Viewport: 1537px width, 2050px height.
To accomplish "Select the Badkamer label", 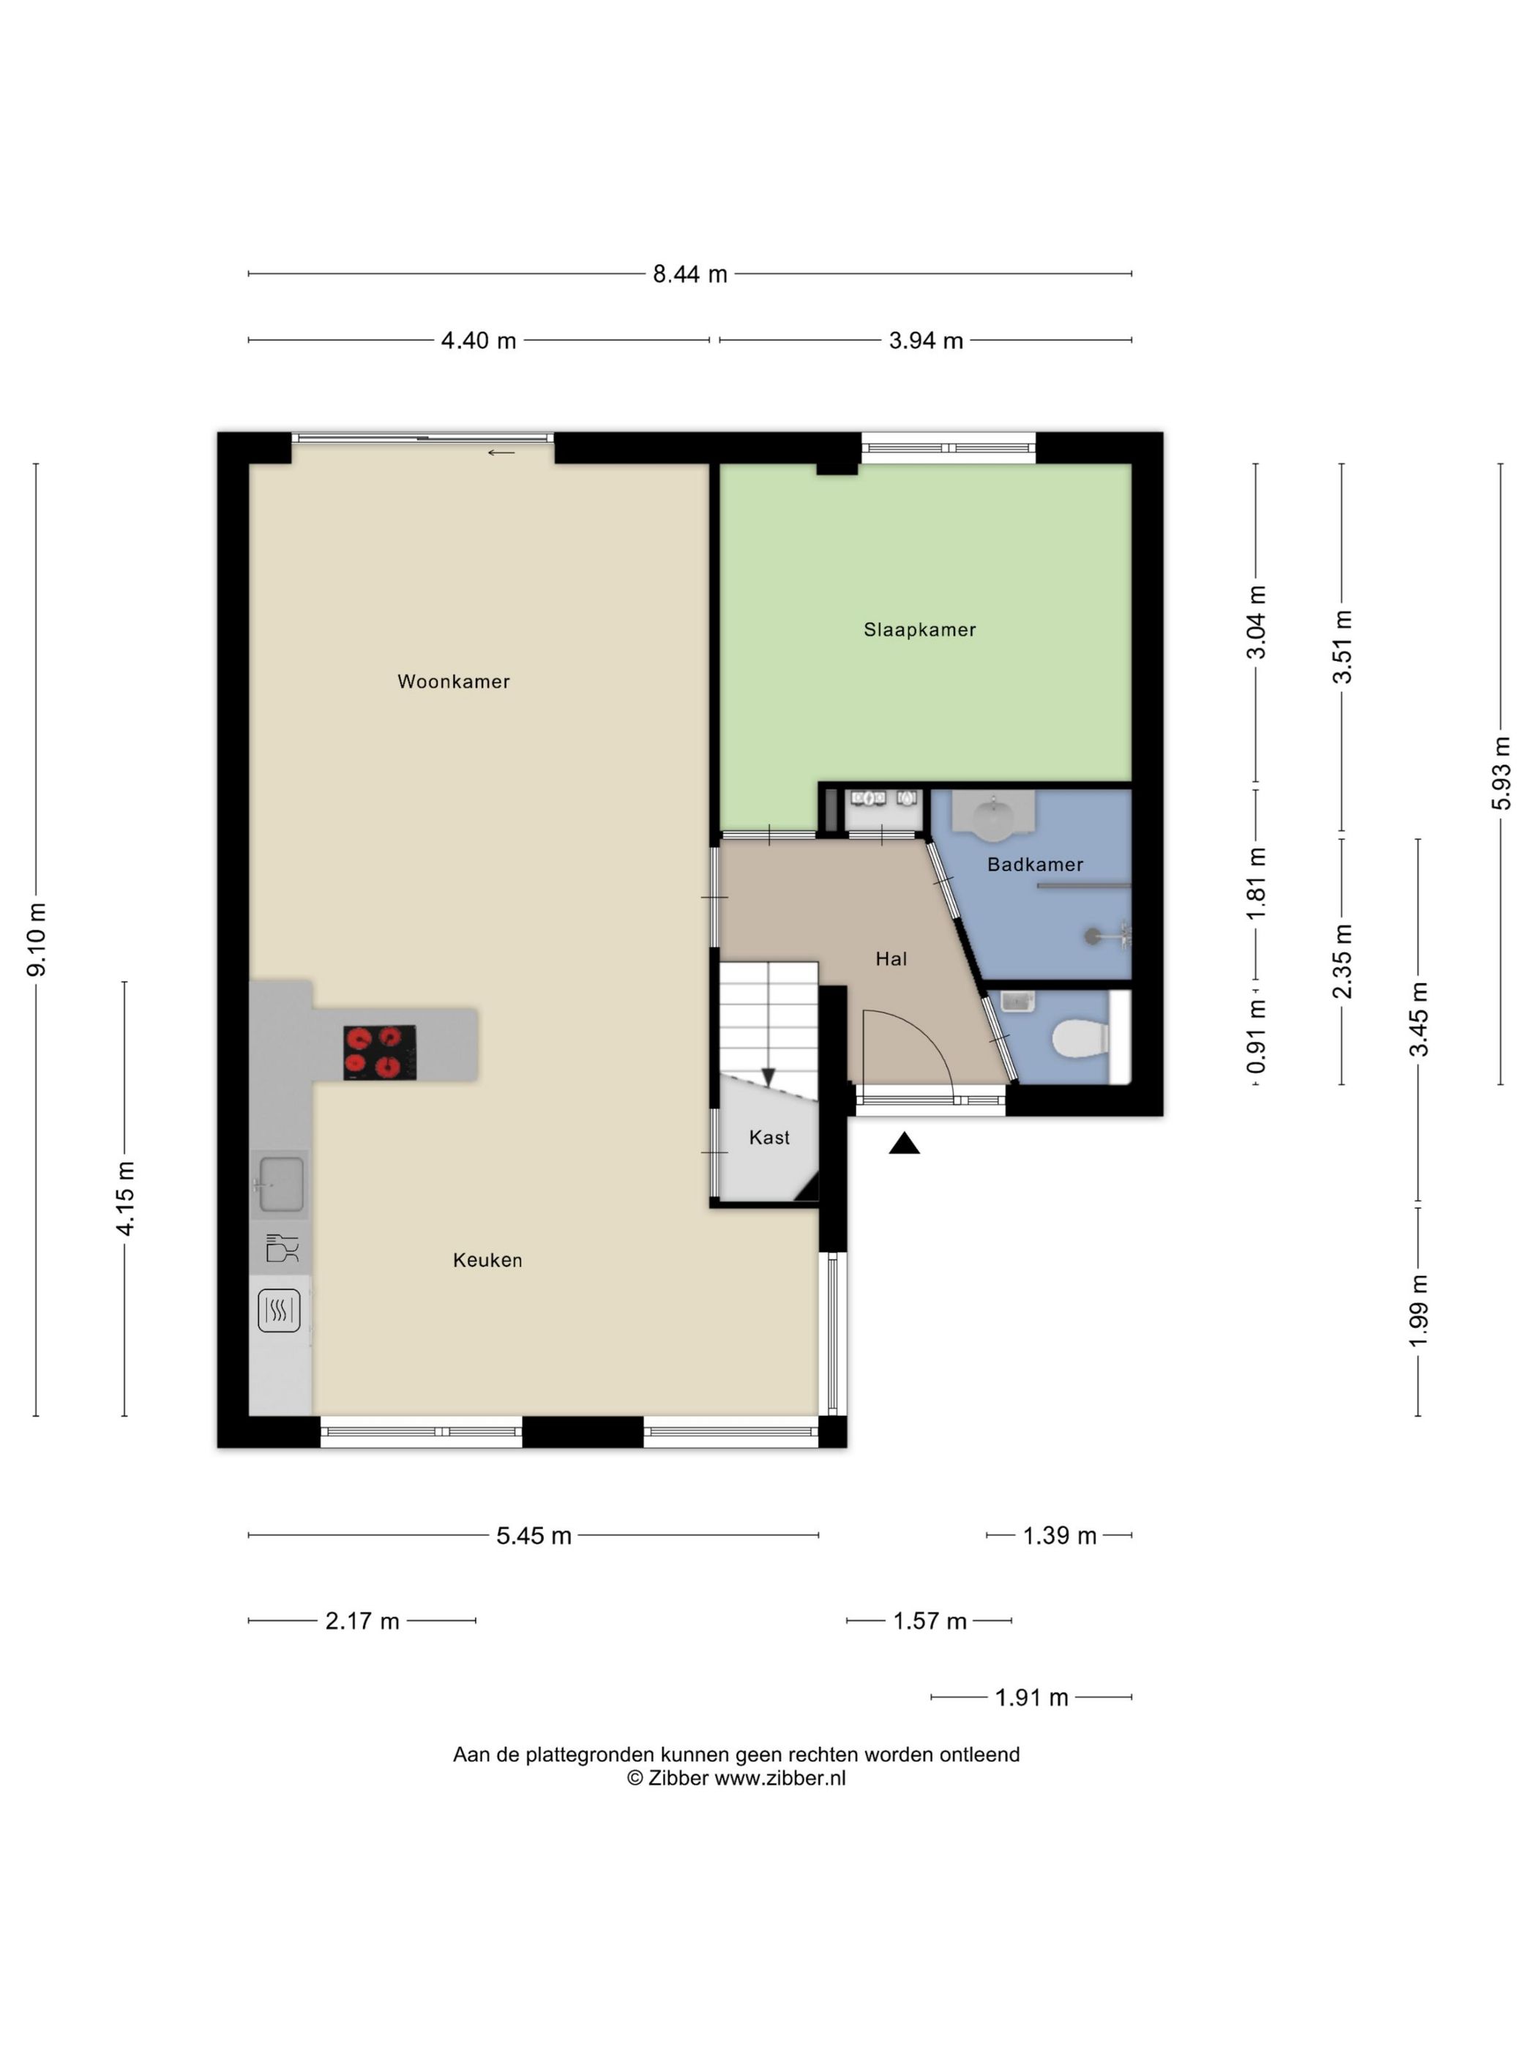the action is (x=1035, y=864).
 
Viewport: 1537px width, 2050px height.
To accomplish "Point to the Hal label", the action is (x=890, y=958).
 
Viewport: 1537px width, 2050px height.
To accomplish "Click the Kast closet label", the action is (x=769, y=1137).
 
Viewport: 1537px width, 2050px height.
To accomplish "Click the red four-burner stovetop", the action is (x=380, y=1052).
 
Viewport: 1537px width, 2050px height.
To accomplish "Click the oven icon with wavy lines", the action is (x=279, y=1311).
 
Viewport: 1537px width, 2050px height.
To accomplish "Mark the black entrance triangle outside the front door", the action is (x=904, y=1144).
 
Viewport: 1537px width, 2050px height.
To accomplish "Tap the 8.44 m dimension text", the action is (x=690, y=275).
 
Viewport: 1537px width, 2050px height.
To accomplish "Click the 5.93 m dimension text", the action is (x=1501, y=773).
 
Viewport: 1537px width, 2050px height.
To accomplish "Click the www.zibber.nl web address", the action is (x=780, y=1778).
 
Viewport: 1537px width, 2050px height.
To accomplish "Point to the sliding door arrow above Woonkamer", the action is (x=501, y=452).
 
